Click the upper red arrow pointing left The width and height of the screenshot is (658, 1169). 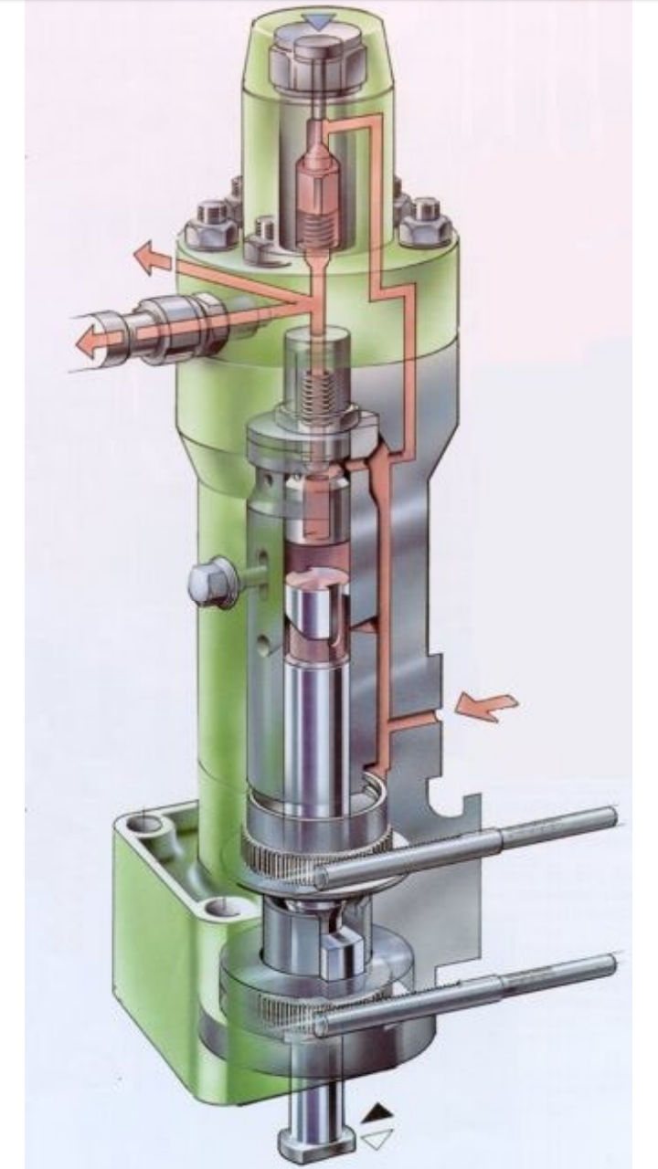(153, 259)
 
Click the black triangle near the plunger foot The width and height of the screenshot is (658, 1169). (377, 1113)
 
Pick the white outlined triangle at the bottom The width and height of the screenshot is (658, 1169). (377, 1139)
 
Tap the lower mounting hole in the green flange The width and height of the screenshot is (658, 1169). (216, 908)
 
